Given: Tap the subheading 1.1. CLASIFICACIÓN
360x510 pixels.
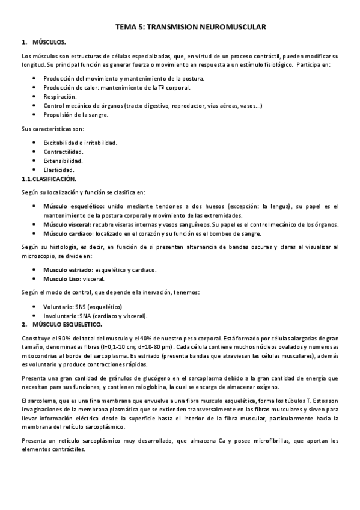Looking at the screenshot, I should [x=50, y=179].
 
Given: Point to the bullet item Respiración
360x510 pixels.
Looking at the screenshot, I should [x=60, y=96].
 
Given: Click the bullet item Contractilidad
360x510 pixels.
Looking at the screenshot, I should [x=63, y=152].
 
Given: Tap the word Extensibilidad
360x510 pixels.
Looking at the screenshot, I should [x=63, y=161].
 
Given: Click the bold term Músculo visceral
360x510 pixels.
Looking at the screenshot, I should [x=66, y=224].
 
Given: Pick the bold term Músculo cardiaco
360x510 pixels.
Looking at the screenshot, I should [x=68, y=233].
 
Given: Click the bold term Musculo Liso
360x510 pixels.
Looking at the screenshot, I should [x=62, y=279].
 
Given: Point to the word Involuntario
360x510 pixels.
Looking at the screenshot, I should [x=59, y=315].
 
